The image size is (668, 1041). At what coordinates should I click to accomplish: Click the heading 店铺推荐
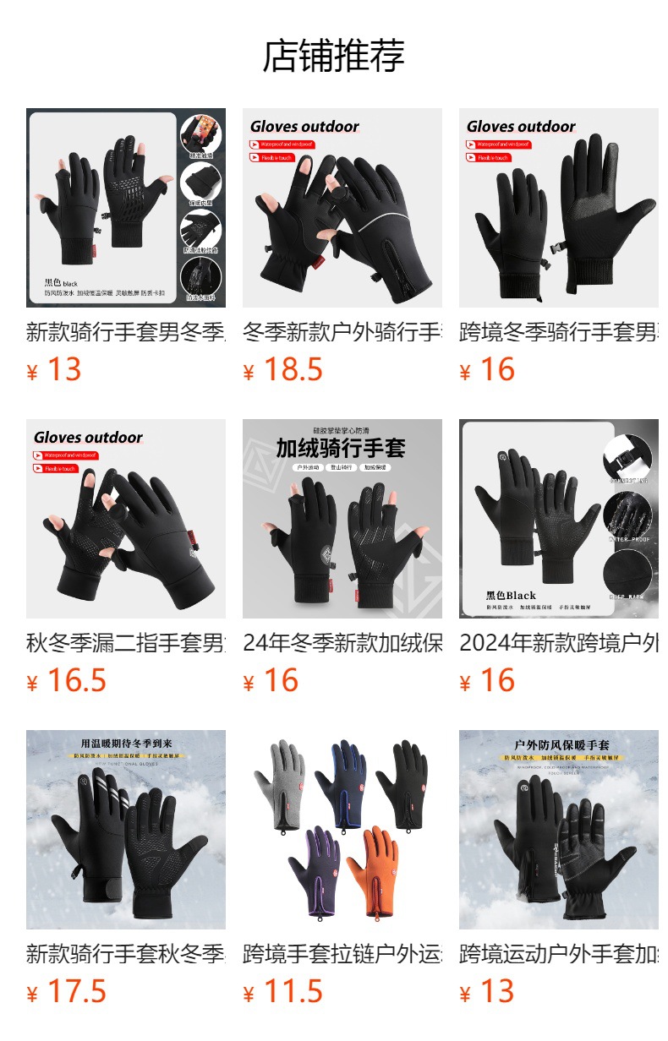[334, 56]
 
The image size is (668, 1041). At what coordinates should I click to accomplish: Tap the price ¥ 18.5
[283, 369]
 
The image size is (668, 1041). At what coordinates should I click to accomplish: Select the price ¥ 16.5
[67, 680]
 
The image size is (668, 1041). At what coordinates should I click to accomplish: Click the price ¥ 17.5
[67, 991]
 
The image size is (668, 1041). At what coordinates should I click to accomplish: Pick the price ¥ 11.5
[283, 991]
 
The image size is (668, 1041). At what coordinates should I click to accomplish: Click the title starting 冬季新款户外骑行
[342, 332]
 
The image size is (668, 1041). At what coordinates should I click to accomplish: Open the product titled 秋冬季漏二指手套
[125, 643]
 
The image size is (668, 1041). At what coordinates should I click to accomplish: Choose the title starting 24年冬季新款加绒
[342, 643]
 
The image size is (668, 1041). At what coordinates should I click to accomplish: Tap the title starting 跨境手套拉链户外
[342, 954]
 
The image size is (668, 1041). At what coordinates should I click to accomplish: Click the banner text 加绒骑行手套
[341, 448]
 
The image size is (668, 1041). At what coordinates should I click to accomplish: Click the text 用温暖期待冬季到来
[125, 744]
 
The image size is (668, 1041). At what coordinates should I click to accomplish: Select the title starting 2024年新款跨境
[558, 643]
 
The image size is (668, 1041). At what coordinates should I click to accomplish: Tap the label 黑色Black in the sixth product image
[511, 595]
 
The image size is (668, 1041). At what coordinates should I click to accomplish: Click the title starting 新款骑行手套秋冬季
[125, 954]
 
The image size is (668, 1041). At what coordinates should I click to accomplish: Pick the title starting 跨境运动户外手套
[558, 954]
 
